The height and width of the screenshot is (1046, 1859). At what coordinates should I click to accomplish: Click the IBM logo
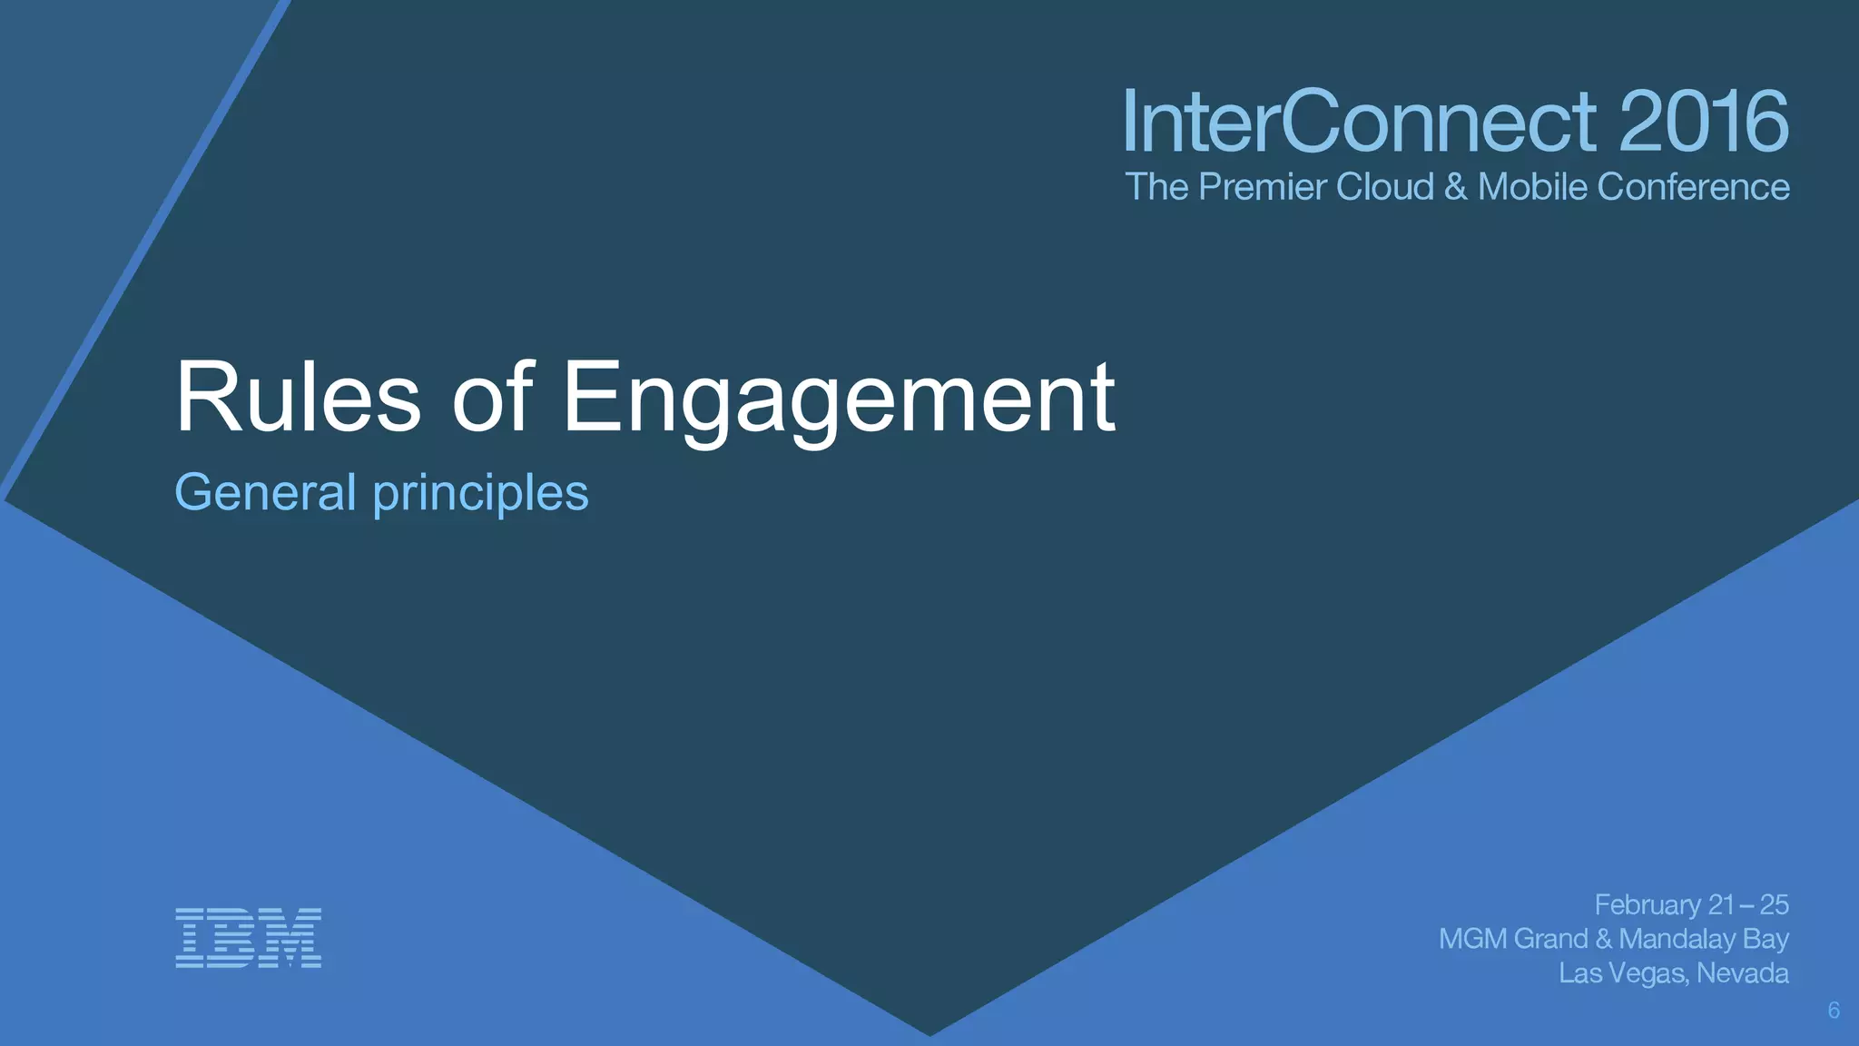[x=248, y=937]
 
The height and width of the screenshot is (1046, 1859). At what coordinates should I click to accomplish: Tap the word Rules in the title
[x=298, y=398]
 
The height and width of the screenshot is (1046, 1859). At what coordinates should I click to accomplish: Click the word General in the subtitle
[x=265, y=493]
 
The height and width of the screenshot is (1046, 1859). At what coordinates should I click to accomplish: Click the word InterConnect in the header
[x=1359, y=122]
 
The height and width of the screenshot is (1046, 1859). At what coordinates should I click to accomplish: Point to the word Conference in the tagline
[x=1693, y=187]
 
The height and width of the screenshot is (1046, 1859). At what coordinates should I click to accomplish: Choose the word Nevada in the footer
[x=1742, y=973]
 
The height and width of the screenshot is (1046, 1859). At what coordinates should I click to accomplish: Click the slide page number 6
[x=1834, y=1011]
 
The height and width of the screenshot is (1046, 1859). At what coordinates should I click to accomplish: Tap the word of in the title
[x=492, y=398]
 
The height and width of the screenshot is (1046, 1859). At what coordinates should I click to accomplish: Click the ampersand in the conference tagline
[x=1455, y=187]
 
